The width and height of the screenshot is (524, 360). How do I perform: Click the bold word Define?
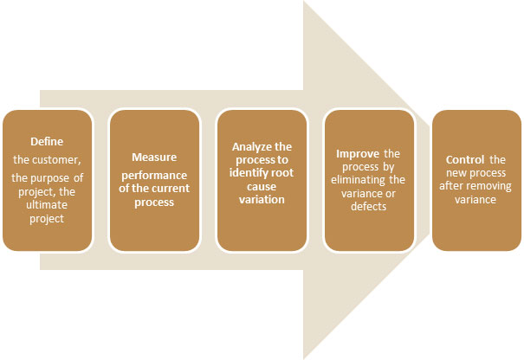click(x=47, y=142)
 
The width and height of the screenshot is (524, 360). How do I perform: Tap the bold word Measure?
click(x=154, y=157)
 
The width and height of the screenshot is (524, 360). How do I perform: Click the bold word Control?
click(x=466, y=160)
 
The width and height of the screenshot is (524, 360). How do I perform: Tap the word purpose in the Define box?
click(x=58, y=177)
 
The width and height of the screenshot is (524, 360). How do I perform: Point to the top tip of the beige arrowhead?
click(x=304, y=2)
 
